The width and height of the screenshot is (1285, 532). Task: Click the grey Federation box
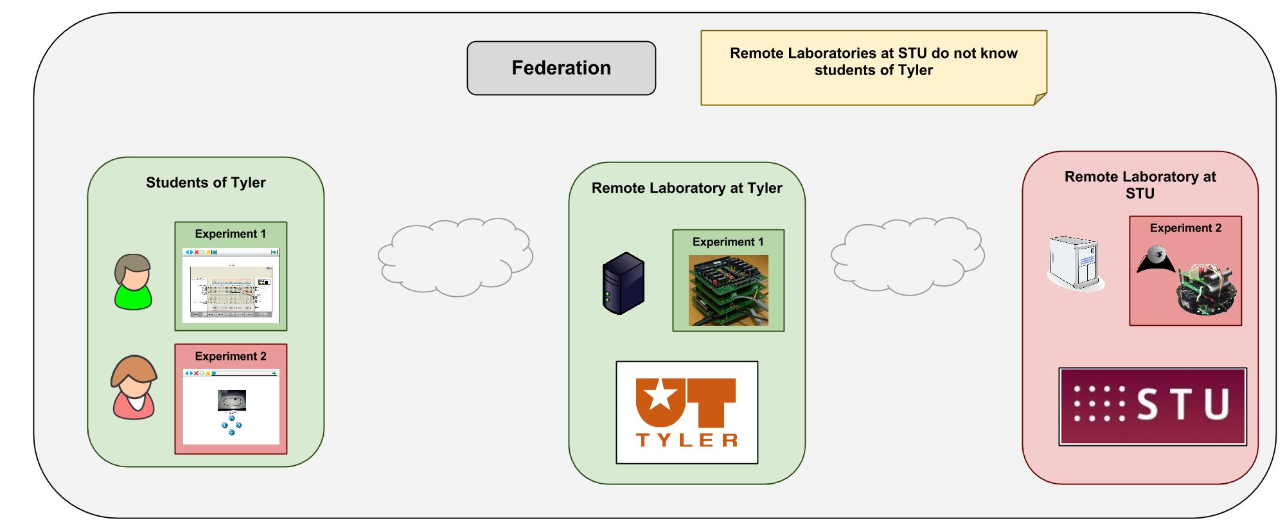click(561, 68)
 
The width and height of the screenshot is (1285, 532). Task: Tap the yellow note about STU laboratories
click(873, 67)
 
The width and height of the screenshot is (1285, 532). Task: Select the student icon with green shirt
click(133, 282)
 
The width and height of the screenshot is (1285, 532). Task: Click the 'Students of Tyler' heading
click(206, 182)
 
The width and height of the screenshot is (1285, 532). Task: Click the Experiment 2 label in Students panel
click(231, 356)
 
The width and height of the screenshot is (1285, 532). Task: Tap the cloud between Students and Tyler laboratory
click(455, 257)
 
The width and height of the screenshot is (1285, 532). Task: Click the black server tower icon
click(623, 283)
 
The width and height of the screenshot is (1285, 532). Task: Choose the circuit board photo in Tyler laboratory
click(728, 290)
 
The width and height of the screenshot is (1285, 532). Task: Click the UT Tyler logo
click(687, 412)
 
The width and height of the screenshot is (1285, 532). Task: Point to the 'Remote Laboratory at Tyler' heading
click(687, 188)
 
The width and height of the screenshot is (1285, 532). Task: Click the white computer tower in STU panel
click(1074, 263)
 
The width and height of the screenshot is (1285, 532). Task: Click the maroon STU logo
click(1153, 406)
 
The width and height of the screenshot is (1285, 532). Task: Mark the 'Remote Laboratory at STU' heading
click(1140, 184)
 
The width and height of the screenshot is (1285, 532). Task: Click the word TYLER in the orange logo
click(687, 439)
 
